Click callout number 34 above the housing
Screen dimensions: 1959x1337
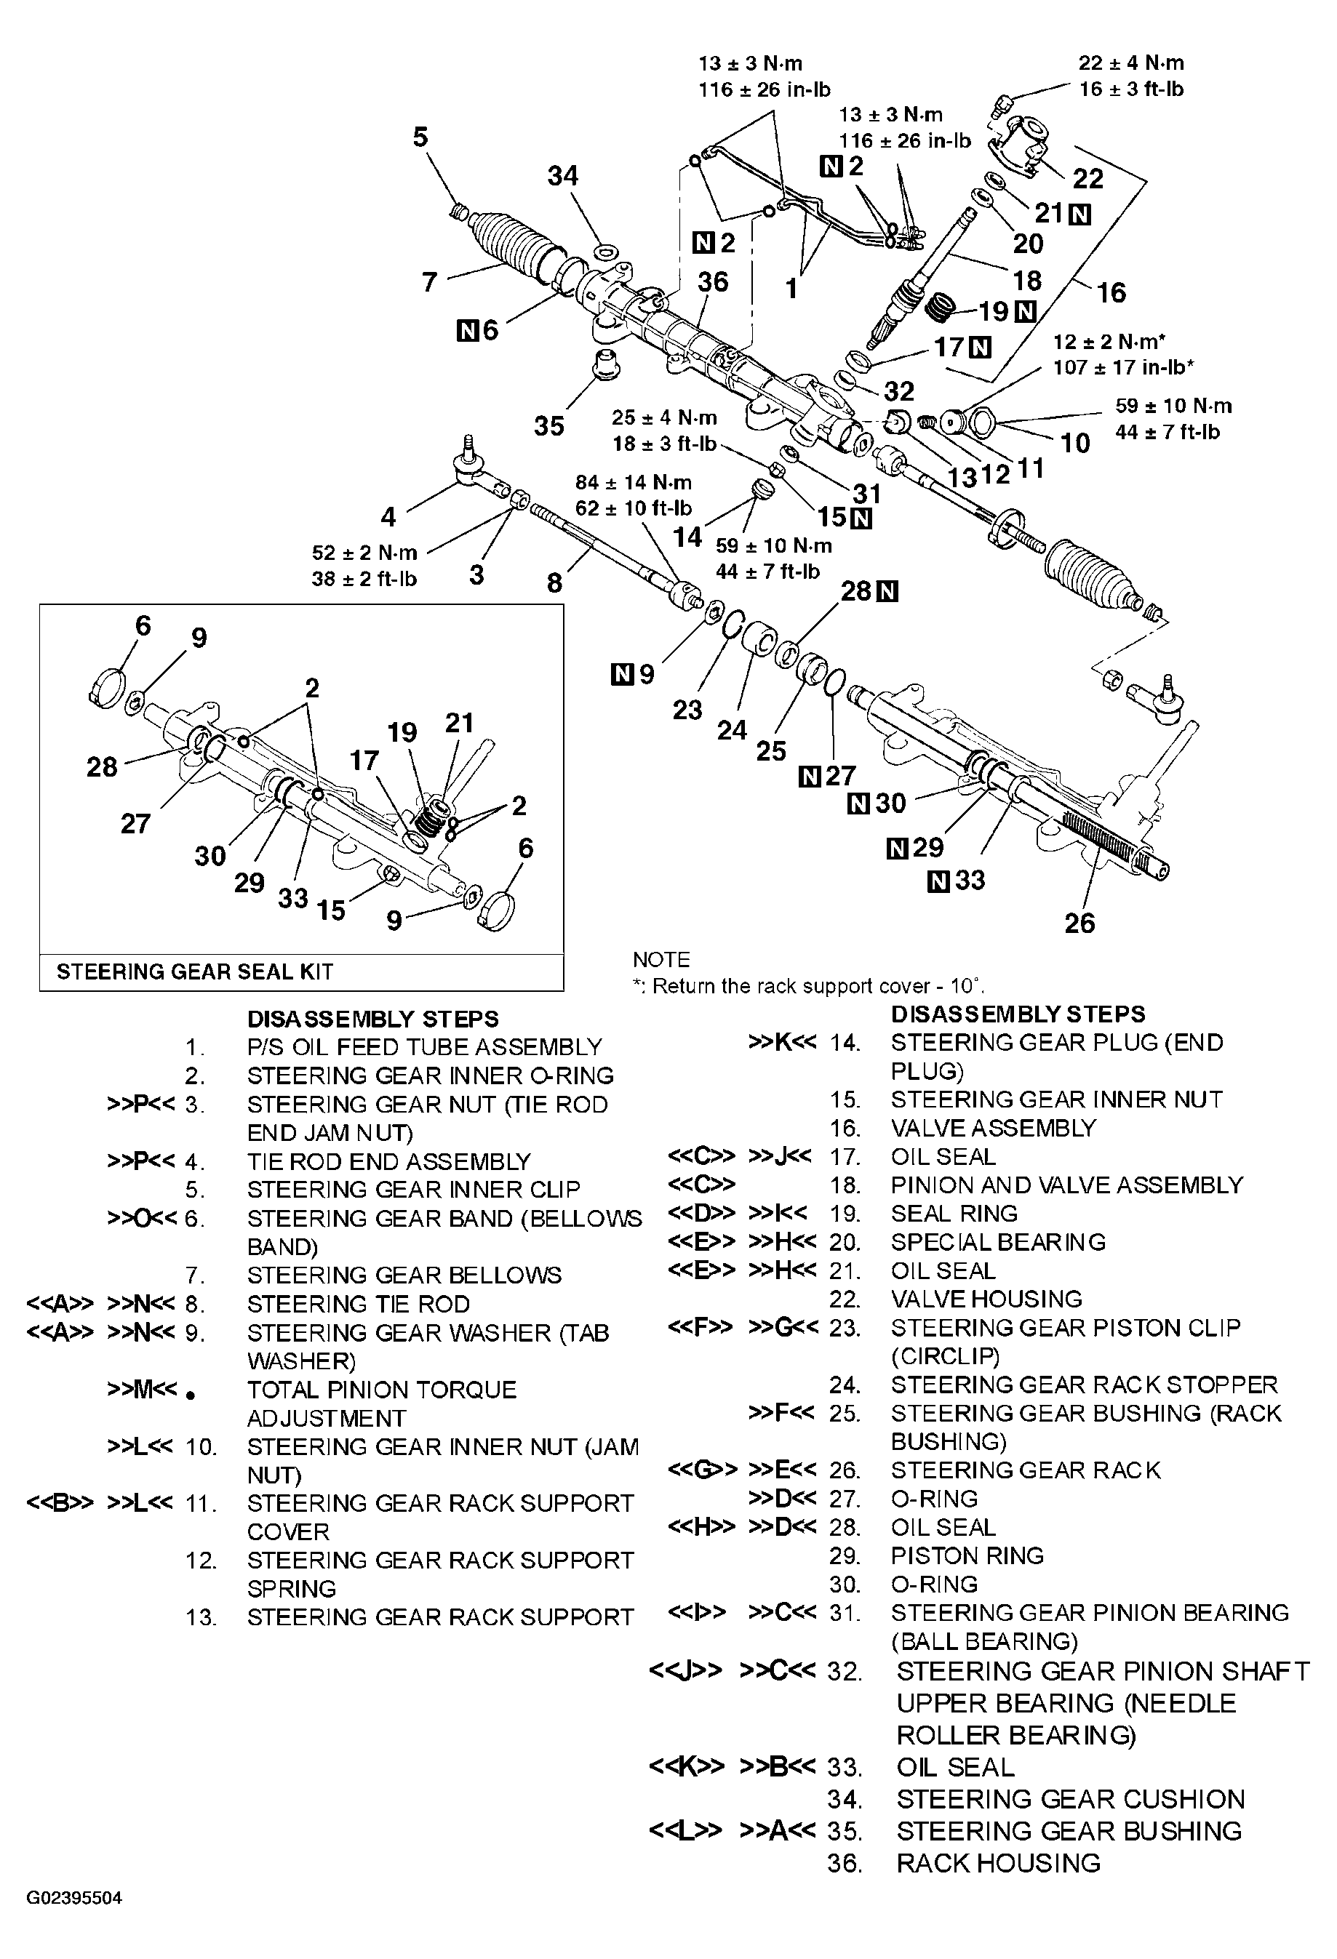coord(562,175)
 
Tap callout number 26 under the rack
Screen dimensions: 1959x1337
coord(1079,923)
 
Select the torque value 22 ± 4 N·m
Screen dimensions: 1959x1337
coord(1130,63)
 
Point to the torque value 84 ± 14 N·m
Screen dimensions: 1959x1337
coord(633,482)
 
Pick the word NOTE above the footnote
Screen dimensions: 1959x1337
coord(661,959)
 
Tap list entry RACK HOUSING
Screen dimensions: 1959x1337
coord(998,1862)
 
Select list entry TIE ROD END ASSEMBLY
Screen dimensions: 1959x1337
coord(388,1161)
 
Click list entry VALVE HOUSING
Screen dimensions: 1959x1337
coord(986,1298)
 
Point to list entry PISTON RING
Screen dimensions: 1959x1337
coord(967,1555)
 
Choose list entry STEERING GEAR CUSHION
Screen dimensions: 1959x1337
coord(1070,1798)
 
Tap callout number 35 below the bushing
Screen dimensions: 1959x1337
coord(548,425)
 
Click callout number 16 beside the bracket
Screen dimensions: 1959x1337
coord(1111,292)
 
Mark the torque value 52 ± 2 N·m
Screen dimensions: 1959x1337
coord(364,553)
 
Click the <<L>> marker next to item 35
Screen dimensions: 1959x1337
coord(685,1830)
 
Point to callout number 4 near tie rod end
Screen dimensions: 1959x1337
coord(388,516)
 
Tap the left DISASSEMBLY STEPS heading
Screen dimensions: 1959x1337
coord(372,1018)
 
